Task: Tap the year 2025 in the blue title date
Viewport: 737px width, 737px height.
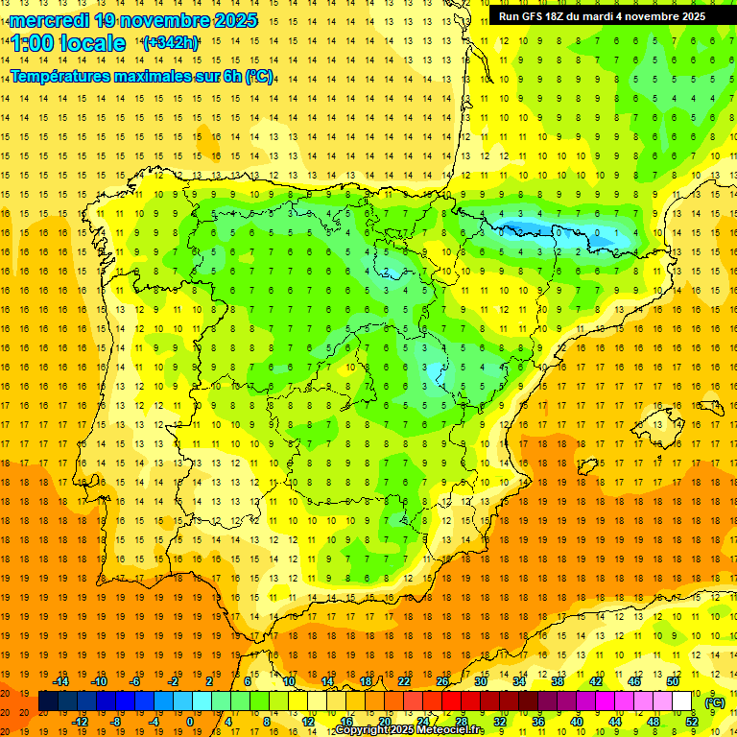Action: click(x=231, y=20)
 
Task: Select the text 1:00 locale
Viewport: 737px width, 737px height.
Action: click(x=68, y=43)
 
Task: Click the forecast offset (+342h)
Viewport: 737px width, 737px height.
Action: click(x=170, y=43)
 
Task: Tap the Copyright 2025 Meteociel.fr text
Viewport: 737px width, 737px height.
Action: click(x=409, y=730)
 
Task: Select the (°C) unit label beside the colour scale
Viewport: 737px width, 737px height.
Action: click(x=714, y=702)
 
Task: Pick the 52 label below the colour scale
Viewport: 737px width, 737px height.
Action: click(x=692, y=722)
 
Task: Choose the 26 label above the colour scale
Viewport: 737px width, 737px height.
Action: click(x=442, y=681)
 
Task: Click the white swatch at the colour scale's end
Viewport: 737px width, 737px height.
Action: click(x=682, y=701)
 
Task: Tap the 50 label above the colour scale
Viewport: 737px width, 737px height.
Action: click(x=673, y=681)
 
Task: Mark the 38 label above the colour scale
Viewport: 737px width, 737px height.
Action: click(x=558, y=681)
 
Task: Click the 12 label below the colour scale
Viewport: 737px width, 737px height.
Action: click(x=307, y=722)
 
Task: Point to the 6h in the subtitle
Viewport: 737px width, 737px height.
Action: click(x=229, y=76)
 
